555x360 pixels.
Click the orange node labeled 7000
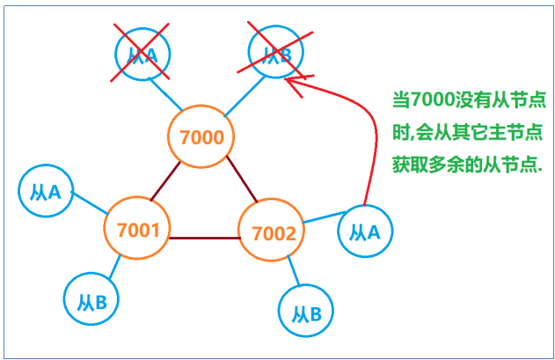201,136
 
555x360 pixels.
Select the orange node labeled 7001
137,231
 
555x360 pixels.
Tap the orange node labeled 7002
272,233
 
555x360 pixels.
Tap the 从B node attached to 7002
305,312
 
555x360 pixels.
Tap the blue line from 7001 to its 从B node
113,268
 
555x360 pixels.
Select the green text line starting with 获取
467,165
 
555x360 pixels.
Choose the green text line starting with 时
467,133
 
